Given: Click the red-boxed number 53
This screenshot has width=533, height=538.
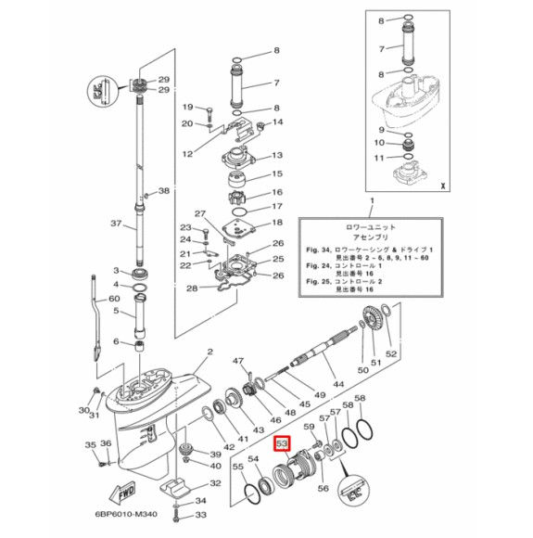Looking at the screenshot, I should (283, 445).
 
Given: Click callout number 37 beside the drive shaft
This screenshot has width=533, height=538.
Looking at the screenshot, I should (115, 224).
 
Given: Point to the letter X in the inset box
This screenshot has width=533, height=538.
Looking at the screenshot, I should (443, 184).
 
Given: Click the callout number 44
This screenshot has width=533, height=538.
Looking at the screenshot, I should (338, 384).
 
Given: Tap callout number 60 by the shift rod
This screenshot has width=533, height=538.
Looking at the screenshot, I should (114, 299).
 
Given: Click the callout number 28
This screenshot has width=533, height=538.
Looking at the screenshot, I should (192, 288).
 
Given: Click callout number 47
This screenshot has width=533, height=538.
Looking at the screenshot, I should (237, 361).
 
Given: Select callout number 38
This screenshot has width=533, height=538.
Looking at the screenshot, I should (165, 191).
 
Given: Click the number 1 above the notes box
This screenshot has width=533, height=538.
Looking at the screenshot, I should (373, 201).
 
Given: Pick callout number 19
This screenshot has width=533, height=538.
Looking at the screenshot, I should (186, 107).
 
